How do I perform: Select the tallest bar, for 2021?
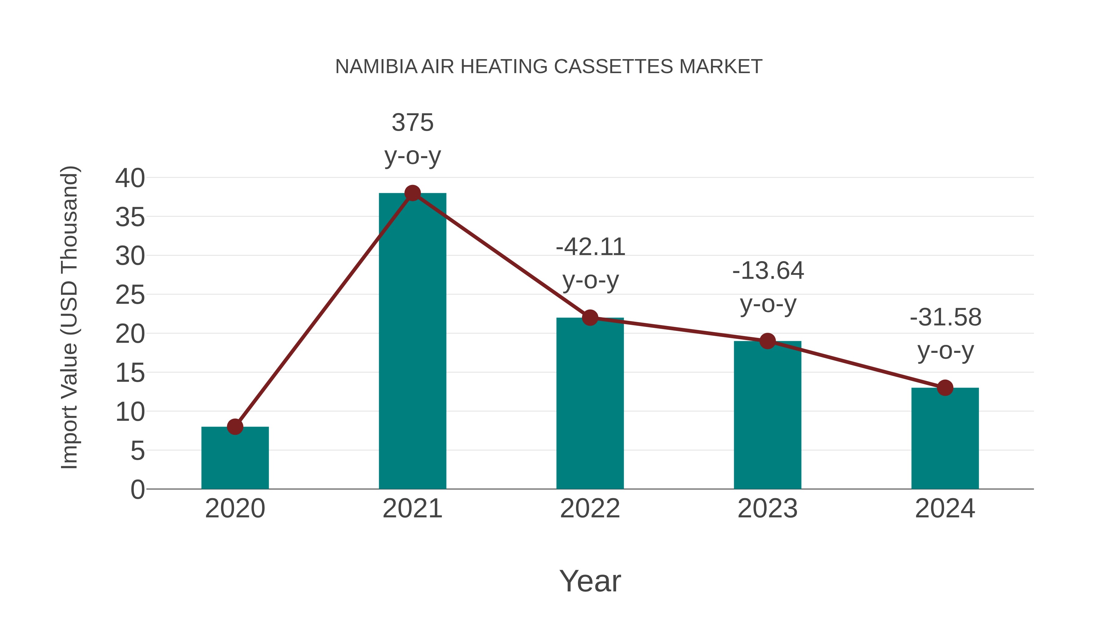point(412,341)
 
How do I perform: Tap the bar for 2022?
point(590,405)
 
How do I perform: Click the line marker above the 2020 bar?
point(235,427)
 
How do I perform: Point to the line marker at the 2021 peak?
point(412,193)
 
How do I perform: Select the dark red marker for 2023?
point(767,341)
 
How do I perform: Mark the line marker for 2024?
point(945,388)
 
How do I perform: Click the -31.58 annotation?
point(945,334)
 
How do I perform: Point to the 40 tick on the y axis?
point(130,178)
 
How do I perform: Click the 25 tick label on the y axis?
point(130,295)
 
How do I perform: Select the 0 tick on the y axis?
point(137,489)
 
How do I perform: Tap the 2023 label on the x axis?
point(767,509)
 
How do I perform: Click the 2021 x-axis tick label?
point(412,509)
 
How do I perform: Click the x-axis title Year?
point(590,581)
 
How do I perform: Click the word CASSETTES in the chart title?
point(614,67)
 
